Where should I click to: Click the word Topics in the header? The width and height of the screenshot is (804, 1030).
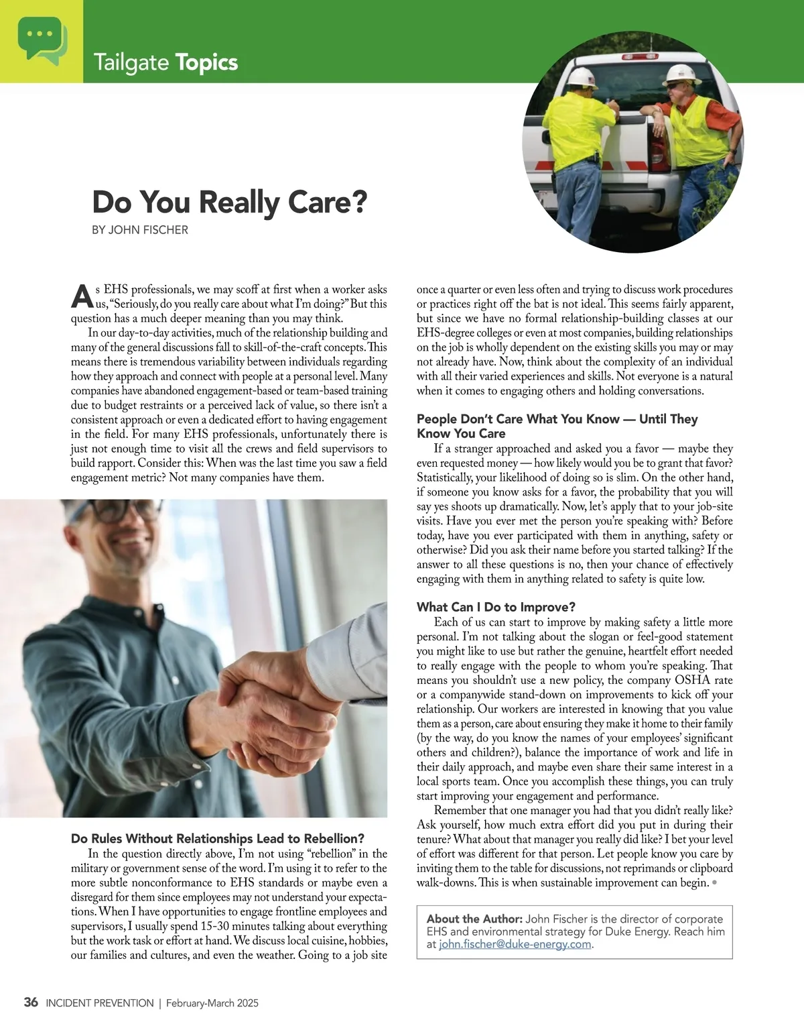tap(206, 62)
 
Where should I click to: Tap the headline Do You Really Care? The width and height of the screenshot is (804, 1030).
tap(229, 202)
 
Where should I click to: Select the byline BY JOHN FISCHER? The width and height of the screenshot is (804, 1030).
tap(139, 230)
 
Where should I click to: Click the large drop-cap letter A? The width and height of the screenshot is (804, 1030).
tap(80, 296)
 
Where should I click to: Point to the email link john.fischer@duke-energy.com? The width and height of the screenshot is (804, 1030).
tap(515, 944)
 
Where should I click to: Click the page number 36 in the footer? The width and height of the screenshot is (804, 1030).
tap(31, 1003)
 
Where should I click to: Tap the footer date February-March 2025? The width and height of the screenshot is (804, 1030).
tap(212, 1003)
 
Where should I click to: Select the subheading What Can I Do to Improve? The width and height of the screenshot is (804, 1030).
tap(496, 607)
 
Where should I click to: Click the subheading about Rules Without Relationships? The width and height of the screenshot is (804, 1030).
tap(218, 838)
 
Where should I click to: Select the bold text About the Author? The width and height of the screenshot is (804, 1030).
tap(474, 919)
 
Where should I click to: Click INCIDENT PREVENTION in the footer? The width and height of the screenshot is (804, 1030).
tap(99, 1003)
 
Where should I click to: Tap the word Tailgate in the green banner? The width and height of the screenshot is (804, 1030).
tap(131, 62)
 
